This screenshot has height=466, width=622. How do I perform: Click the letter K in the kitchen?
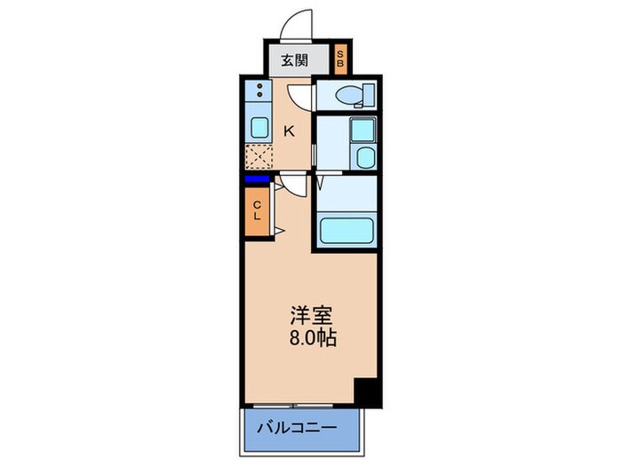(x=289, y=131)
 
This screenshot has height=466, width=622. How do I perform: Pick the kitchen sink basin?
(x=259, y=126)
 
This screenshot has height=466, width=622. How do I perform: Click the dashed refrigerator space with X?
(x=259, y=158)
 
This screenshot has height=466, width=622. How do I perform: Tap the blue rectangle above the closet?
(x=257, y=179)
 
